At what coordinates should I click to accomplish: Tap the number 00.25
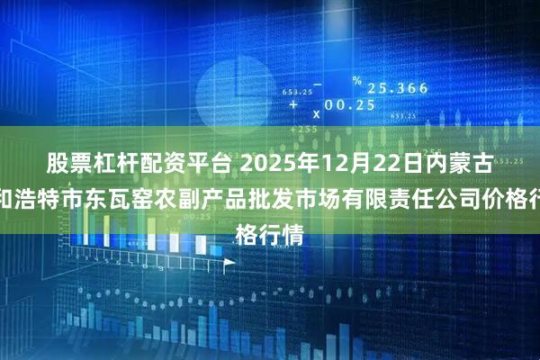pos(347,105)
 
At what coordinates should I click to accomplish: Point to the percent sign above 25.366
pos(356,80)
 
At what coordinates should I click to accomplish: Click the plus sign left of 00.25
pos(293,105)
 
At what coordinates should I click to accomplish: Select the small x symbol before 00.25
pos(316,114)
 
